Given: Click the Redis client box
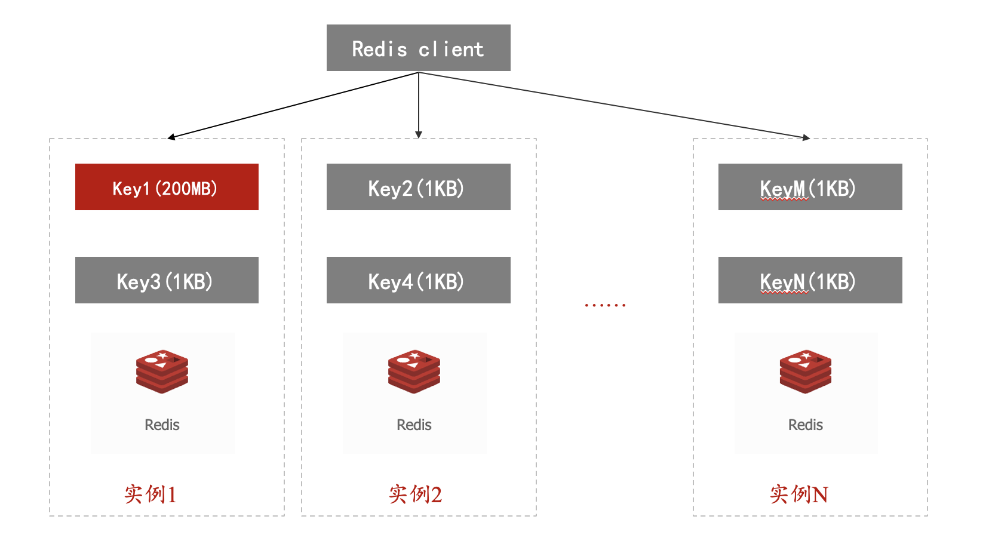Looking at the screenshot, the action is pos(419,48).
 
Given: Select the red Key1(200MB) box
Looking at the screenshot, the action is pos(167,187).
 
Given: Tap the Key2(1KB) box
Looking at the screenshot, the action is pos(419,187).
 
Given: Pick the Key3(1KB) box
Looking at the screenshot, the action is pos(167,280).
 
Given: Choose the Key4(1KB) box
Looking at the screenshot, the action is pos(419,280).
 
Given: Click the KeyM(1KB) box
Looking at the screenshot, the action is pos(810,187).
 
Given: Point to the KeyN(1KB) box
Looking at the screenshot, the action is pos(810,280).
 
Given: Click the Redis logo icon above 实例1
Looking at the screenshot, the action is pos(162,371).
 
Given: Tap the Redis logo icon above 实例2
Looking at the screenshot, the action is pos(414,371).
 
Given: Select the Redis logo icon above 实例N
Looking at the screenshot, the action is pos(806,371).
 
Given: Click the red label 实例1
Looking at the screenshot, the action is pos(150,494).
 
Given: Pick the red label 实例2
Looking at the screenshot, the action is pos(416,494).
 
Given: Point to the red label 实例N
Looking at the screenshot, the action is pos(799,494).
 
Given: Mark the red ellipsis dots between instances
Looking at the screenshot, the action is pos(606,305).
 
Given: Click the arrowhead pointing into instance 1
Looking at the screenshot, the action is pos(171,137).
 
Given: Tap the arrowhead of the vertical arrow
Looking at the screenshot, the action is pos(419,134).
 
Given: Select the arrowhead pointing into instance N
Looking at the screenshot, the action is pos(806,138).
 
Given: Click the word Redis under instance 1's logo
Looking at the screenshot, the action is pos(162,425).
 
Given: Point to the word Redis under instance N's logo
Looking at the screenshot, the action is pos(806,425).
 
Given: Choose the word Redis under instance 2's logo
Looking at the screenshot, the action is pos(414,425).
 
